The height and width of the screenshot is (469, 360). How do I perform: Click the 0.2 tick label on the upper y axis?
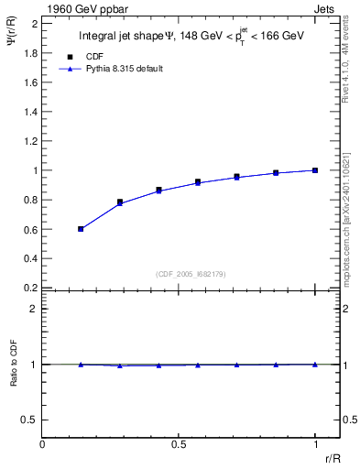click(x=30, y=288)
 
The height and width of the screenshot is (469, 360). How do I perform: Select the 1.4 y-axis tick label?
click(x=30, y=112)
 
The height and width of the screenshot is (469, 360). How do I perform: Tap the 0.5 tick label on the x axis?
click(x=179, y=445)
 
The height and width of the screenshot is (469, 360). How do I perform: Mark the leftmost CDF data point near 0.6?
click(x=81, y=229)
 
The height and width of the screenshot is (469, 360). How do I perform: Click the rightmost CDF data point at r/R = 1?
click(x=315, y=170)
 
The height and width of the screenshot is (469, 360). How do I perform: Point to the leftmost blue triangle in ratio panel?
click(x=81, y=365)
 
